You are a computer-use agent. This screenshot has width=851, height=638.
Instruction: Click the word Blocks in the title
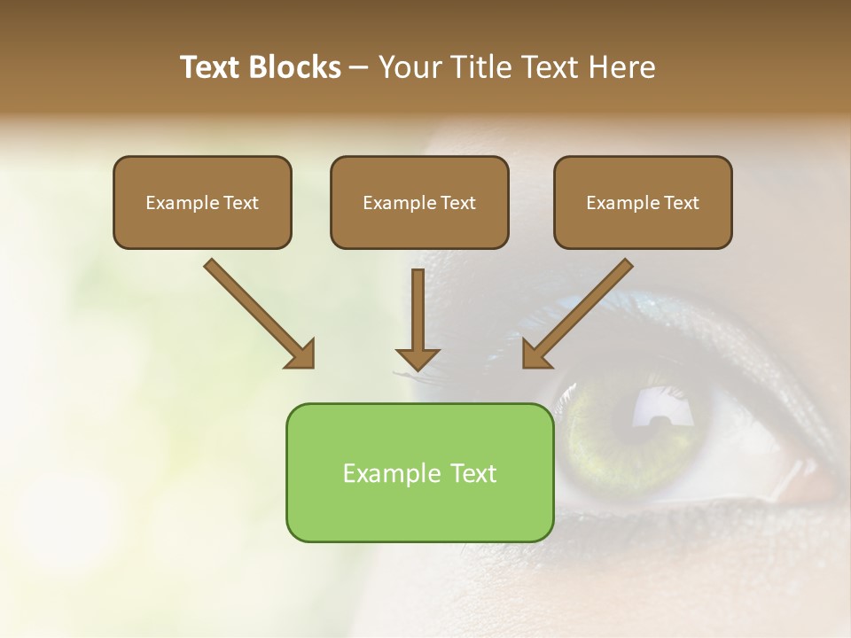coord(294,67)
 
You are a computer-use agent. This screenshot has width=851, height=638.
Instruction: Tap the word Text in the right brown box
coord(682,203)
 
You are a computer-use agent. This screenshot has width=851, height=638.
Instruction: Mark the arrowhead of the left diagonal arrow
coord(301,354)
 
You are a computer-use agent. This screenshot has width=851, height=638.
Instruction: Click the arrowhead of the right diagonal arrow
coord(535,354)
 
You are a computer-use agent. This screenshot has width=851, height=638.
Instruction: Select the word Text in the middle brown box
coord(458,203)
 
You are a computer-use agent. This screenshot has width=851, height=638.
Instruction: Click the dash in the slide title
coord(360,68)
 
